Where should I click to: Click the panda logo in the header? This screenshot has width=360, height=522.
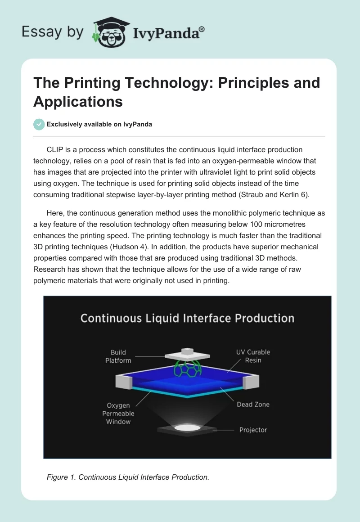(111, 32)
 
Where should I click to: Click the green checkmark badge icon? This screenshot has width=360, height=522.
(39, 124)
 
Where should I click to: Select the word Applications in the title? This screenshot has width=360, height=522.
(78, 101)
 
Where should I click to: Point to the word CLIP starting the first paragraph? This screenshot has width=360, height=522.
(55, 149)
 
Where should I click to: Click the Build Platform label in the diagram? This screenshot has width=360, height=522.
(118, 356)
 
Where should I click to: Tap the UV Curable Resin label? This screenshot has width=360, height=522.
(253, 356)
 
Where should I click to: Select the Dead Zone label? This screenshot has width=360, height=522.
(253, 405)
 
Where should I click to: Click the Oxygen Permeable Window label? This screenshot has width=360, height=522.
(118, 414)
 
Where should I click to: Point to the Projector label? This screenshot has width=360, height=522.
(253, 430)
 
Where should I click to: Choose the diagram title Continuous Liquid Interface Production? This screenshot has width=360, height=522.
(187, 319)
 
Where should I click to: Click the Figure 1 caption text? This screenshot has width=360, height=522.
(128, 477)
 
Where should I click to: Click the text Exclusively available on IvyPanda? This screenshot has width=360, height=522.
(99, 124)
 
